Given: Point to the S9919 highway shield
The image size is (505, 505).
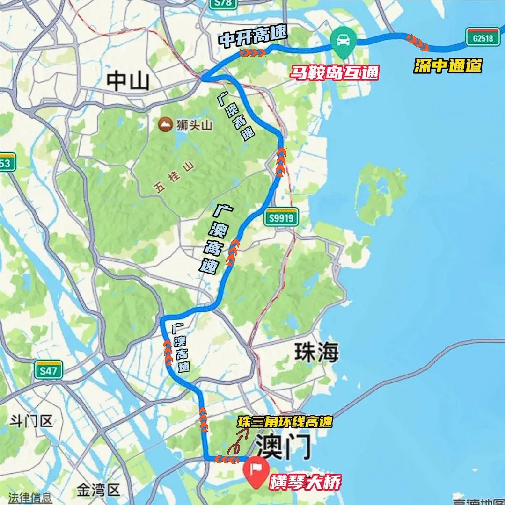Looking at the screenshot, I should tap(281, 217).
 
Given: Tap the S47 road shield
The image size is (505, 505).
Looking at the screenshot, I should tap(48, 371).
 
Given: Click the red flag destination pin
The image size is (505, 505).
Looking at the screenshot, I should tap(256, 469).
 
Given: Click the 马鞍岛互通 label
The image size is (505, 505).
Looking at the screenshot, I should tap(334, 73).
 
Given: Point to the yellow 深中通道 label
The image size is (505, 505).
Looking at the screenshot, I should tap(447, 66).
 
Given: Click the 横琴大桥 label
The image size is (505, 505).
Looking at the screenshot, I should tap(305, 482).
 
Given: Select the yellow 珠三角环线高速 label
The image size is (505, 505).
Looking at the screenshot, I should tap(285, 422).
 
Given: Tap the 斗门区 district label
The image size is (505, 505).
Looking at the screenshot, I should tap(31, 422).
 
